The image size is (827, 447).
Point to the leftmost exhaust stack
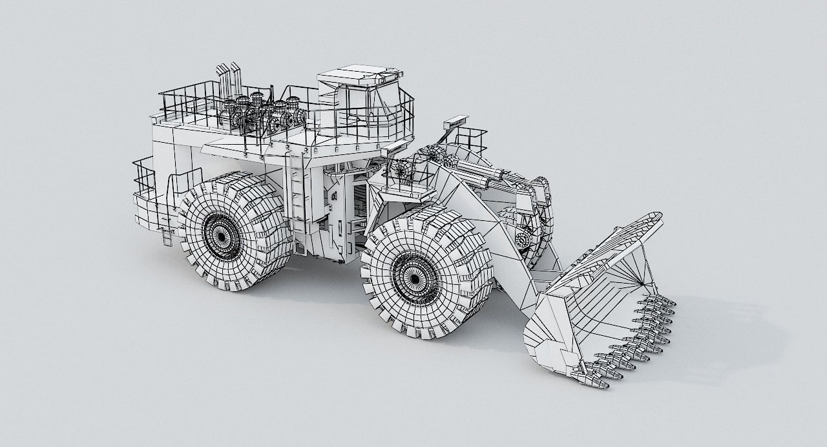220,78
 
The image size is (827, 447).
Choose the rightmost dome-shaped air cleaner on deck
294,103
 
